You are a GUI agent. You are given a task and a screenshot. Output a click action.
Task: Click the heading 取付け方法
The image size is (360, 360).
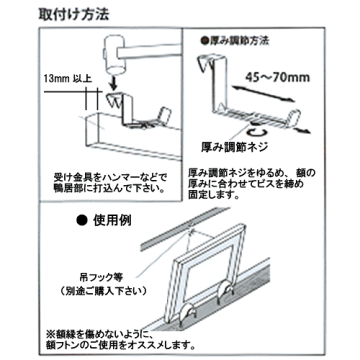(x=74, y=14)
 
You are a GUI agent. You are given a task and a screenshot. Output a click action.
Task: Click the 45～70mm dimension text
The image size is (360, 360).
(x=278, y=77)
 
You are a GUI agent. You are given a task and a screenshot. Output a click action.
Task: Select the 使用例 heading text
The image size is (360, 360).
(x=112, y=220)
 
